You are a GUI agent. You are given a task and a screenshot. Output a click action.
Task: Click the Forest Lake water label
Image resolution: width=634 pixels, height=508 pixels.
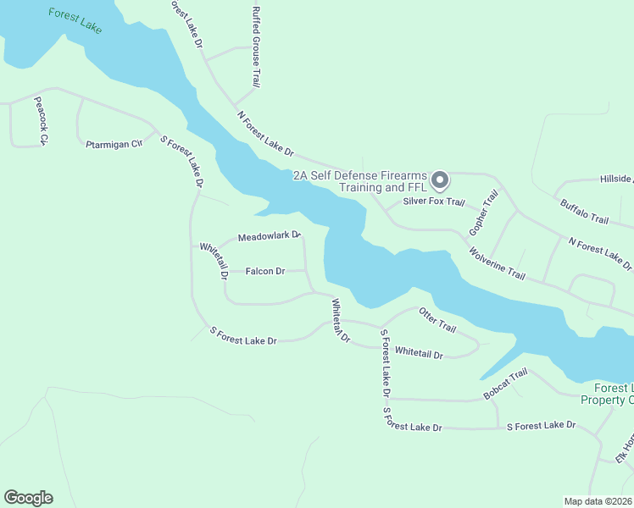coord(75,21)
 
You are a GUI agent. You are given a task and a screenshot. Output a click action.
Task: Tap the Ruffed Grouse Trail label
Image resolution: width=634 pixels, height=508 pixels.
coord(256,47)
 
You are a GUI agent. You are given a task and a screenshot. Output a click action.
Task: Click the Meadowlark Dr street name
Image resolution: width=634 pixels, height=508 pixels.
coord(270,236)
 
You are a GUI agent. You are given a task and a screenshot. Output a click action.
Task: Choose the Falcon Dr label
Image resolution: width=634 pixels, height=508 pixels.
coord(265,271)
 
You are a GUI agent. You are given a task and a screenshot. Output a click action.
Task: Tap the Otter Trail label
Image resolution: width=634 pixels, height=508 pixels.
coord(437,320)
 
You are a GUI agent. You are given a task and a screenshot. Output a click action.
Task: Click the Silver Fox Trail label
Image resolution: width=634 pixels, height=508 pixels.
coord(434,202)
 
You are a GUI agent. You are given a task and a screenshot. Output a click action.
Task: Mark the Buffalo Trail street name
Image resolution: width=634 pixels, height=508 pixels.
coord(584,212)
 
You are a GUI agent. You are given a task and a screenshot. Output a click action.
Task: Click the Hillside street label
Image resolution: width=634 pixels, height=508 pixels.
coord(616,179)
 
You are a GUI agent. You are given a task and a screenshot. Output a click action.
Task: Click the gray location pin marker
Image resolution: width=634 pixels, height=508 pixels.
coord(440,180)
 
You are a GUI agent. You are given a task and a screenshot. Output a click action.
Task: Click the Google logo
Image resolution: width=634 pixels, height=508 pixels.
coord(28,498)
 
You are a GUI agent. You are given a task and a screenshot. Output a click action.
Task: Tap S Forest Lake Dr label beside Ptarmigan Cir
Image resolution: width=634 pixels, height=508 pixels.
coord(182,162)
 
